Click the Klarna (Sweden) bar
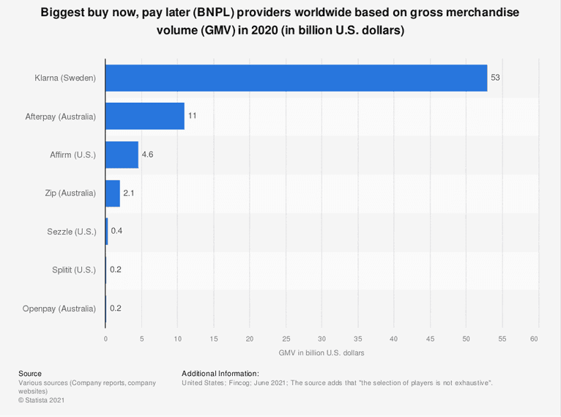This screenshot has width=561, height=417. pyautogui.click(x=296, y=78)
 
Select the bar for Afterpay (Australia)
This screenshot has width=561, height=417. pyautogui.click(x=145, y=116)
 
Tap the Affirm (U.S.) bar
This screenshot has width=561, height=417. pyautogui.click(x=122, y=155)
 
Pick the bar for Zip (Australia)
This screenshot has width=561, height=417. pyautogui.click(x=113, y=193)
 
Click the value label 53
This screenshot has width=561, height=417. pyautogui.click(x=495, y=78)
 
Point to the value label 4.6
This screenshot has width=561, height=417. pyautogui.click(x=147, y=155)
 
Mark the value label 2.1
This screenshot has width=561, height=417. pyautogui.click(x=129, y=193)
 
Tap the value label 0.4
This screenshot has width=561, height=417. pyautogui.click(x=116, y=232)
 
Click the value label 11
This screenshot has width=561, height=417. pyautogui.click(x=192, y=116)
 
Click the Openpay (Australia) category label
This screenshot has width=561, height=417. pyautogui.click(x=59, y=309)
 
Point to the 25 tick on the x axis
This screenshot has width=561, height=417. pyautogui.click(x=286, y=339)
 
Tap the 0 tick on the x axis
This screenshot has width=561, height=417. pyautogui.click(x=105, y=339)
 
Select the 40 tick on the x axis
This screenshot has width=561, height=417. pyautogui.click(x=394, y=339)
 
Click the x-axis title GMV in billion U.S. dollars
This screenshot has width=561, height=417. pyautogui.click(x=322, y=353)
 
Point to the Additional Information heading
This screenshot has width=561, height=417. pyautogui.click(x=220, y=374)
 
